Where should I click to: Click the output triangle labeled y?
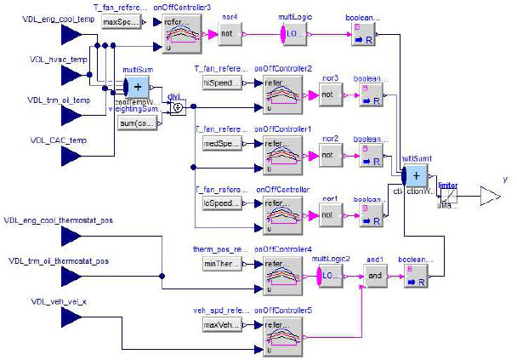click(491, 197)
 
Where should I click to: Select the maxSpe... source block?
click(118, 21)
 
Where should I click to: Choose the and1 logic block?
click(375, 276)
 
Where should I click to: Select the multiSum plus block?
click(136, 86)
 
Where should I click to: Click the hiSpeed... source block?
click(220, 83)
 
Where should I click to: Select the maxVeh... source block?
click(220, 324)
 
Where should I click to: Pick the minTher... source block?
click(220, 265)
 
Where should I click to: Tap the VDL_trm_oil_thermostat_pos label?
click(61, 261)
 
